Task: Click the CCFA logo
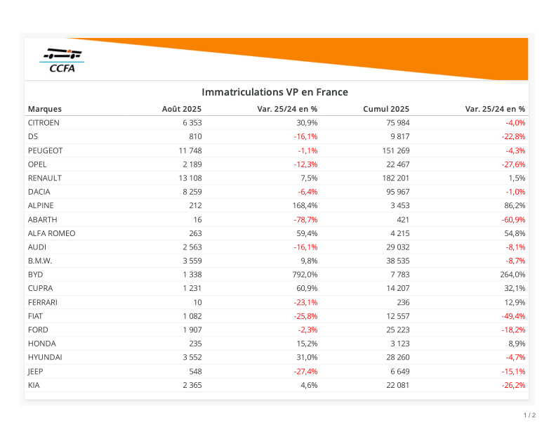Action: pos(62,60)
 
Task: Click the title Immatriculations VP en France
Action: pos(274,92)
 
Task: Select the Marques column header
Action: pos(45,109)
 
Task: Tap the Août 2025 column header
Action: pos(182,109)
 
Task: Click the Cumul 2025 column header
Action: pos(386,109)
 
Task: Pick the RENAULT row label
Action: pos(45,178)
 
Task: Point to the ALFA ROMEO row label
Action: pos(51,233)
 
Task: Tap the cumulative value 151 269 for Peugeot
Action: pos(394,150)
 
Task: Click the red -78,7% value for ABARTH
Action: pos(305,219)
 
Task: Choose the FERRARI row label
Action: pos(43,302)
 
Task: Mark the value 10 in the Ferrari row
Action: pos(197,302)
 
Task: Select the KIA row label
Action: pos(34,385)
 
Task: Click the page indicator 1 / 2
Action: pos(530,415)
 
